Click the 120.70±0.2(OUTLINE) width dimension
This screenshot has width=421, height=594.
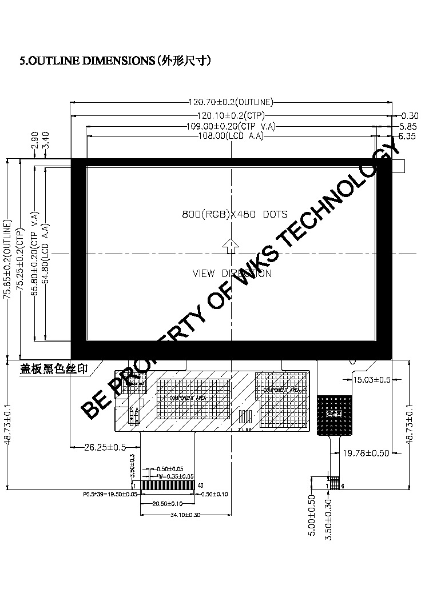coord(231,103)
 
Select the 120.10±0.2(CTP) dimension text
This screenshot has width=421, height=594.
coord(231,115)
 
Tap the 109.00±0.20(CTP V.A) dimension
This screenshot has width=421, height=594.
coord(232,126)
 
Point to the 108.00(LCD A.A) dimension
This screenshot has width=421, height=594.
coord(231,137)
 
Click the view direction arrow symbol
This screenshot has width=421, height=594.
coord(231,246)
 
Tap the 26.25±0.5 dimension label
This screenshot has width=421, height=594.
coord(105,447)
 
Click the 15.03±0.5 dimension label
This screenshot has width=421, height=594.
coord(372,380)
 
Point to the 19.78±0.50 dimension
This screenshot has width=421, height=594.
coord(366,453)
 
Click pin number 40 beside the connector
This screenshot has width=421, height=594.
coord(200,485)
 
